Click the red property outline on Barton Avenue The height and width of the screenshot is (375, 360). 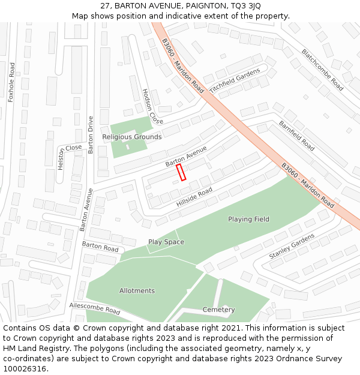click(181, 172)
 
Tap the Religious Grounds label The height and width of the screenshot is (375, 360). click(131, 137)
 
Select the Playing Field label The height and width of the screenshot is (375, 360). click(248, 219)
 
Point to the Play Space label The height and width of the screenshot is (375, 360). click(166, 242)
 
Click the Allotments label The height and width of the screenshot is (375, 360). click(137, 290)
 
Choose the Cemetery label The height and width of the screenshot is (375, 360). click(218, 310)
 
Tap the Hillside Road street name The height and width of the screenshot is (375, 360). click(194, 197)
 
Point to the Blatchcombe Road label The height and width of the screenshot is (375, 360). click(322, 70)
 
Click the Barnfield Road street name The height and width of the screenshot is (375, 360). click(296, 136)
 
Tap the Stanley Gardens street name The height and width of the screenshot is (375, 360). click(292, 246)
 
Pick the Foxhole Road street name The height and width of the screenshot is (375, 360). click(11, 81)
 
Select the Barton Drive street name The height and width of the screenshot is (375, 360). click(91, 134)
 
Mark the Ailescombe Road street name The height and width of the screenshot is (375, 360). click(95, 308)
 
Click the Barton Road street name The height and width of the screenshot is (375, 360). click(100, 246)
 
